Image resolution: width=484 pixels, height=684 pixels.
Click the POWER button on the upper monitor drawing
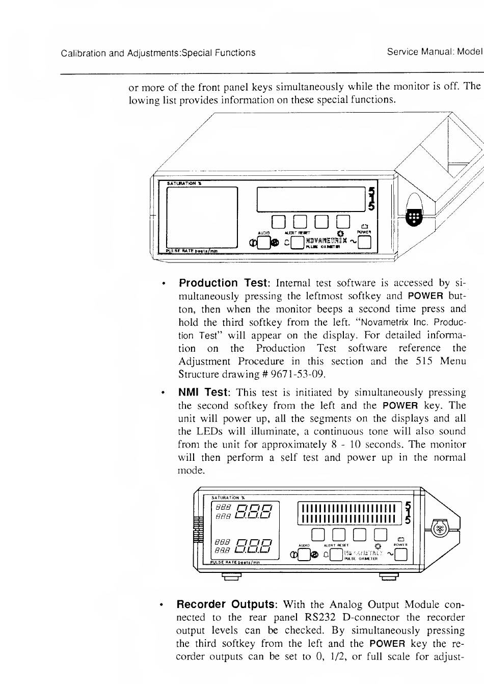(364, 245)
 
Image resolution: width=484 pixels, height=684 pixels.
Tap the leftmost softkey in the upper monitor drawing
(278, 221)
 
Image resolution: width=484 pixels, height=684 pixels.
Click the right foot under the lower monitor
(389, 577)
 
